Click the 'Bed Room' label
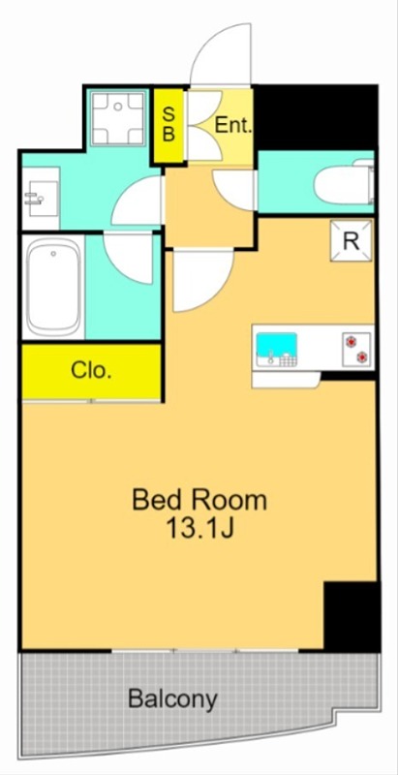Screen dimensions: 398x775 [x=199, y=500]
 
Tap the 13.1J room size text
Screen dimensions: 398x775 [x=199, y=528]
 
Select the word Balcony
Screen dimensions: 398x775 [x=172, y=699]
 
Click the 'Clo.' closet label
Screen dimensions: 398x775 [x=90, y=370]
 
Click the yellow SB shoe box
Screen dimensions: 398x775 [x=168, y=126]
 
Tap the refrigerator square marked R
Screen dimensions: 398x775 [x=352, y=240]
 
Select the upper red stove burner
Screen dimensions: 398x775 [x=352, y=341]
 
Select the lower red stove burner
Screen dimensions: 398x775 [x=362, y=356]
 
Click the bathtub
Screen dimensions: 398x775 [x=53, y=288]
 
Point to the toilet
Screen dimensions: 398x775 [x=344, y=183]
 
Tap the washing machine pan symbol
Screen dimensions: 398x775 [x=120, y=117]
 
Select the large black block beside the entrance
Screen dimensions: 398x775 [x=316, y=117]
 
